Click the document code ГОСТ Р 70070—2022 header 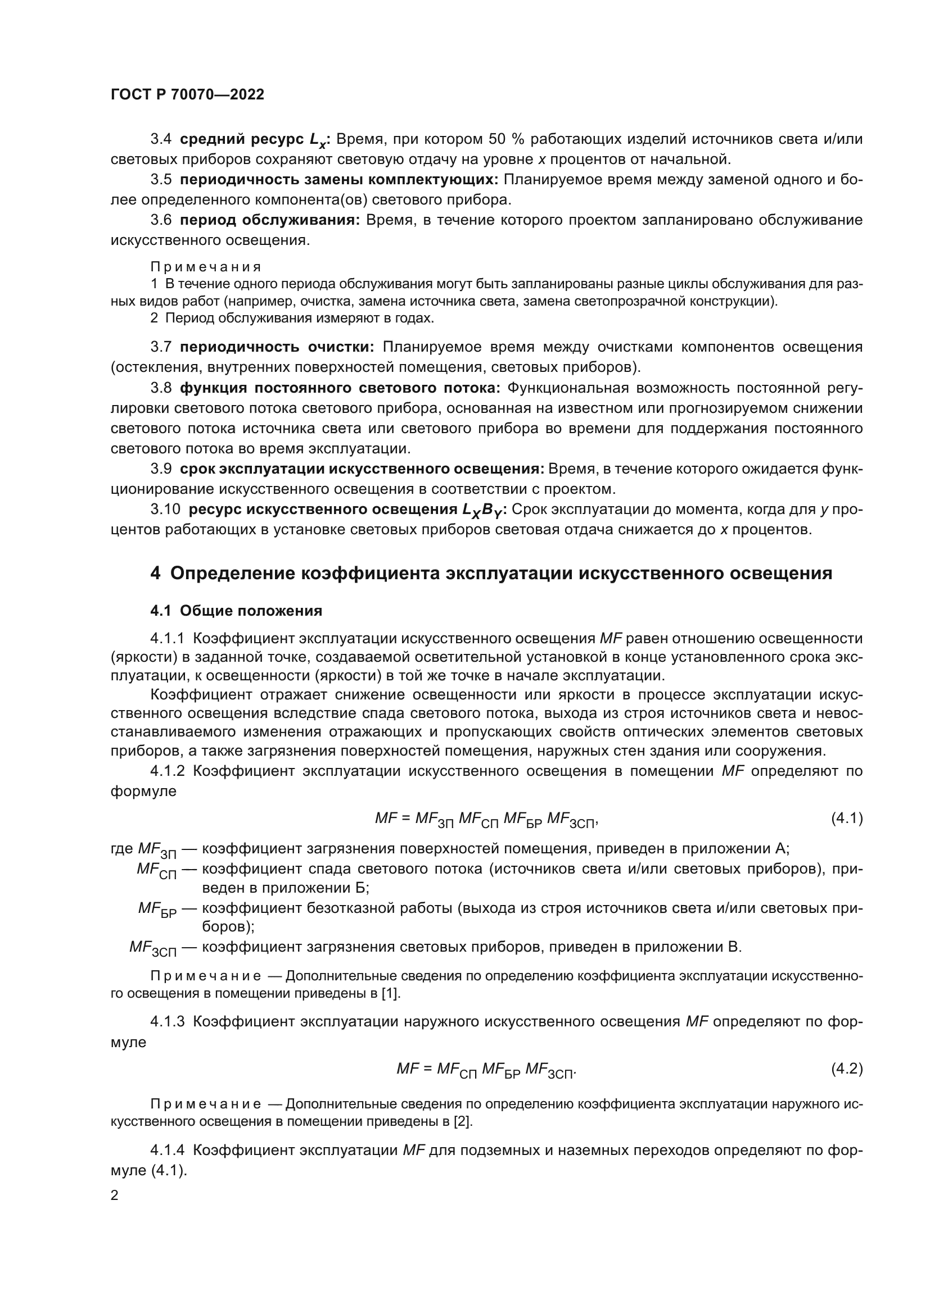(187, 95)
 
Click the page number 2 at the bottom (115, 1195)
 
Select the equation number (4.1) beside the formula (846, 819)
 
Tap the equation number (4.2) (846, 1069)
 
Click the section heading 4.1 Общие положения (236, 611)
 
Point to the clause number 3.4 (161, 139)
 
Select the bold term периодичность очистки (277, 347)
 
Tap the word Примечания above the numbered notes (206, 267)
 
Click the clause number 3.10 (165, 510)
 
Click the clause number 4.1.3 (167, 1021)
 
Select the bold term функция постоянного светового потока (340, 388)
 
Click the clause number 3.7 (161, 347)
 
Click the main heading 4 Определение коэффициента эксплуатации (491, 574)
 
